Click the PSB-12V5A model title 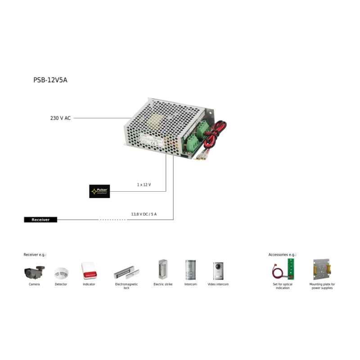[x=50, y=80]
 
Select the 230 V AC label [x=60, y=118]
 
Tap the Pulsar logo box [x=99, y=191]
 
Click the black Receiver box [x=40, y=220]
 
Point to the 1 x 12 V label [x=144, y=185]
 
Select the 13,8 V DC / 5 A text [x=144, y=214]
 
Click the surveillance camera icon [x=35, y=272]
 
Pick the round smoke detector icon [x=61, y=273]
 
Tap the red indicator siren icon [x=89, y=271]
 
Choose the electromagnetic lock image [x=126, y=272]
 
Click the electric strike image [x=162, y=270]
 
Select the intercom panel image [x=190, y=270]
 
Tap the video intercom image [x=218, y=270]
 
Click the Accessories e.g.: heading [x=282, y=255]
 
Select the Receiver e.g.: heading [x=35, y=255]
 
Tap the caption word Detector [x=61, y=284]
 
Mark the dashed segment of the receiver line [x=112, y=220]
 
